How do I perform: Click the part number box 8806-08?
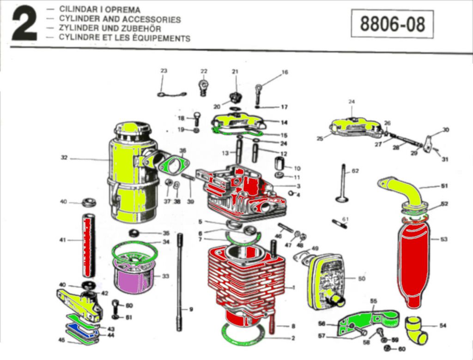tap(392, 24)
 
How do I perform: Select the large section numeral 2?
tap(24, 26)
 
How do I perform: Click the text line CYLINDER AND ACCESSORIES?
tap(120, 19)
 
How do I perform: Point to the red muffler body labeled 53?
tap(414, 263)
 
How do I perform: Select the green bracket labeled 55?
tap(365, 321)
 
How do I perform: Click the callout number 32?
tap(65, 157)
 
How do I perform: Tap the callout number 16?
tap(285, 72)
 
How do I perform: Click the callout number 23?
tap(164, 71)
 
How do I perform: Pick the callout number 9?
tap(190, 309)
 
